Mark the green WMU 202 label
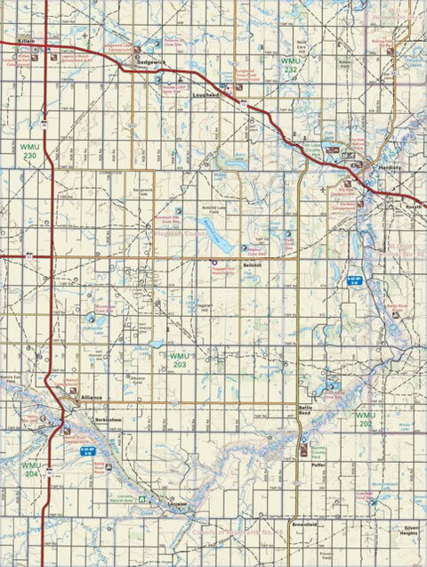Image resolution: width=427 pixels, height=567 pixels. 366,419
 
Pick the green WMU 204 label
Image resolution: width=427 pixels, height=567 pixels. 31,469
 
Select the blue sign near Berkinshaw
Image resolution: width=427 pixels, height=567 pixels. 87,450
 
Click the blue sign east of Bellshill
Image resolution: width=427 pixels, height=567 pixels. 351,280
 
